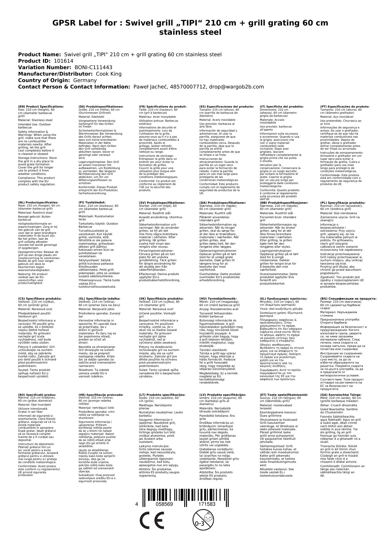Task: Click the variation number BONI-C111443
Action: point(93,67)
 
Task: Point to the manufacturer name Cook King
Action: point(109,74)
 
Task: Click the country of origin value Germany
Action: point(85,80)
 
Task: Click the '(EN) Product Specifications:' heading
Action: point(41,106)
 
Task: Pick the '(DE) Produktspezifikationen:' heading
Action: point(101,106)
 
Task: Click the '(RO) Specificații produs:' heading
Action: point(37,395)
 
